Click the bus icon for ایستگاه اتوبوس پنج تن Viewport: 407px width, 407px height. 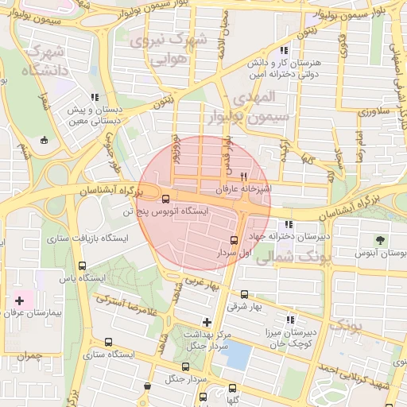point(165,199)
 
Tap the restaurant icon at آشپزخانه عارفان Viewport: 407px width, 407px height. point(244,176)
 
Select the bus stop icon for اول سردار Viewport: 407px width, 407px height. point(234,240)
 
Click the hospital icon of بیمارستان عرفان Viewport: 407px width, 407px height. point(19,301)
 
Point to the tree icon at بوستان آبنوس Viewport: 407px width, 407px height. point(380,239)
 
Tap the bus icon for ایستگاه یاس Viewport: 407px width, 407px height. point(83,266)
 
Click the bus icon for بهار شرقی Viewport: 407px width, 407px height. point(244,294)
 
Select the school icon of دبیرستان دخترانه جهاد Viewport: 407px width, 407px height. point(288,224)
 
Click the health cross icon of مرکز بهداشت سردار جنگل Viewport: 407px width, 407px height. point(207,322)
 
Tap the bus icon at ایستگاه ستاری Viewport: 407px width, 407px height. point(109,343)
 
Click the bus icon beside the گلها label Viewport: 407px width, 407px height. point(232,389)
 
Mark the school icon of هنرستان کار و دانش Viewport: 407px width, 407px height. point(284,50)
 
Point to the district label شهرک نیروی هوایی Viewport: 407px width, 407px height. point(172,48)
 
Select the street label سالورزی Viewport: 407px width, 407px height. point(371,112)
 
